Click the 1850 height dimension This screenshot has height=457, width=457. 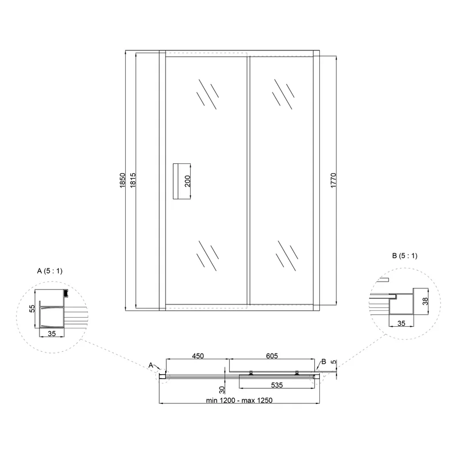point(122,180)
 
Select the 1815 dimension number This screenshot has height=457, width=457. point(133,180)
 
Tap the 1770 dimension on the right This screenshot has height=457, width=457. point(334,180)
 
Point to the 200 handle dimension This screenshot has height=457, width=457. point(187,181)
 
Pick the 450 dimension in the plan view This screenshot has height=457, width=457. point(198,356)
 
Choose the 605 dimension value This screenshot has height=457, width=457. point(272,356)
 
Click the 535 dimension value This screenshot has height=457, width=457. point(277,385)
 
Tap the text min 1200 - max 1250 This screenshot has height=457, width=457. point(239,400)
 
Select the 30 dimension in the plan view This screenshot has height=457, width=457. point(222,390)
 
